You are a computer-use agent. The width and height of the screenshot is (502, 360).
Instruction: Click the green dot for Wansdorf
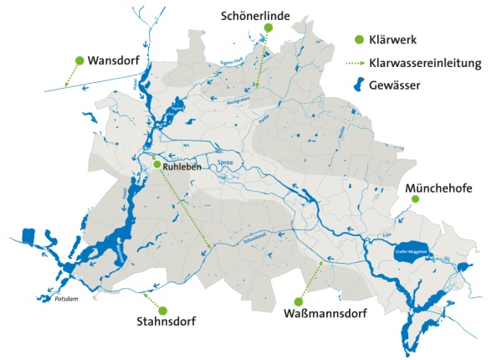pos(79,60)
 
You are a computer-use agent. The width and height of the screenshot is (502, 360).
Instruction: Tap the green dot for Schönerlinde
pos(268,28)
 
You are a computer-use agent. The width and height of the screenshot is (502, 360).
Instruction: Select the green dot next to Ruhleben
pos(156,165)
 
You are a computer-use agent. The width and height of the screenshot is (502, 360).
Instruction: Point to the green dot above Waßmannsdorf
pos(299,301)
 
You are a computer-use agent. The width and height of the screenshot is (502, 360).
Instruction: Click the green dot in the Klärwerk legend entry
pos(360,39)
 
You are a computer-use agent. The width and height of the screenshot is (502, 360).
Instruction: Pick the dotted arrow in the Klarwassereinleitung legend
pos(360,62)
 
